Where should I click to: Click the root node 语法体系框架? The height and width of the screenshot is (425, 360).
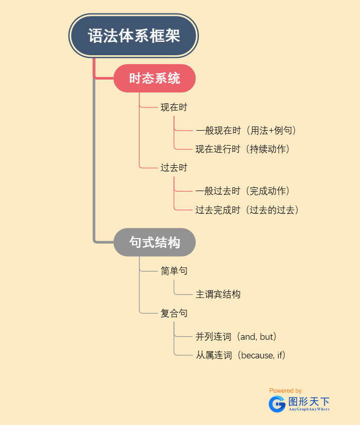pyautogui.click(x=134, y=36)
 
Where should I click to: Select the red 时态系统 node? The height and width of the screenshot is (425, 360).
pyautogui.click(x=154, y=78)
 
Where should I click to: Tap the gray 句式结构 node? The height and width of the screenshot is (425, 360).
pyautogui.click(x=154, y=242)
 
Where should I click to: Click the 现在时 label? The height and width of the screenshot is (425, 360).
pyautogui.click(x=174, y=107)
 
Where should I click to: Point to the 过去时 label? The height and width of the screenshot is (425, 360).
pyautogui.click(x=174, y=168)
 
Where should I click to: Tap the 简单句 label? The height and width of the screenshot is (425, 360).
pyautogui.click(x=174, y=271)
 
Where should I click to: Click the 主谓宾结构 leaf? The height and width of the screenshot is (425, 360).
pyautogui.click(x=217, y=294)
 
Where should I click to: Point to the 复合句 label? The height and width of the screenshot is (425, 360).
pyautogui.click(x=174, y=313)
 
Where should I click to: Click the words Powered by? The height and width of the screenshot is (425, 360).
pyautogui.click(x=286, y=391)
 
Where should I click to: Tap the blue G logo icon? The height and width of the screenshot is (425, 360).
pyautogui.click(x=277, y=404)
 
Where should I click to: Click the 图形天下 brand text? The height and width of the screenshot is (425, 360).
pyautogui.click(x=309, y=401)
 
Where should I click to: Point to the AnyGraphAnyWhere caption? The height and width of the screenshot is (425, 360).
pyautogui.click(x=309, y=409)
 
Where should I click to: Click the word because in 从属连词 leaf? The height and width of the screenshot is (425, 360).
pyautogui.click(x=257, y=355)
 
